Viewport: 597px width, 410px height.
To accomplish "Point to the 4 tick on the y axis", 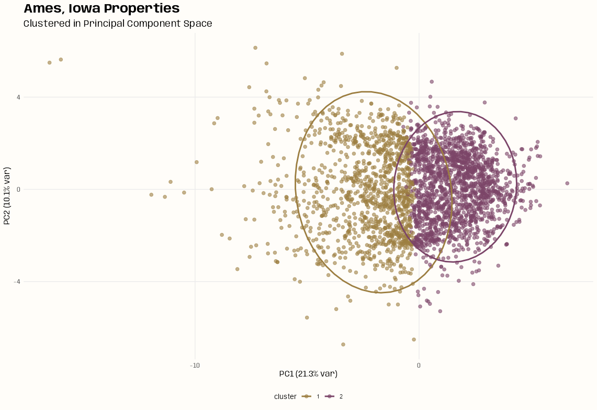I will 18,97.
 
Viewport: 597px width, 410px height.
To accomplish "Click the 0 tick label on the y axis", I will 18,190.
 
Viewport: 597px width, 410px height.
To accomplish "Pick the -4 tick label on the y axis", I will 17,282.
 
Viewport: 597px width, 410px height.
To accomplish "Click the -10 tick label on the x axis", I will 195,365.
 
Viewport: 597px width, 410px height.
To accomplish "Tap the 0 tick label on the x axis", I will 419,365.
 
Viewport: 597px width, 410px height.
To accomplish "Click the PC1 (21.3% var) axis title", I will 308,374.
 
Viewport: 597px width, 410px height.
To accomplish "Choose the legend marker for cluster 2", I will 330,396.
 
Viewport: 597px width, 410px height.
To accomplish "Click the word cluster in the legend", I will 285,396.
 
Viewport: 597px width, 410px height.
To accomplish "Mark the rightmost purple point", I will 567,183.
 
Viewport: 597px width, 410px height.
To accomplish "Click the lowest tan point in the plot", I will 343,345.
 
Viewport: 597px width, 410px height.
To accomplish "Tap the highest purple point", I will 432,82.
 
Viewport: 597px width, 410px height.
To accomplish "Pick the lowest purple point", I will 440,311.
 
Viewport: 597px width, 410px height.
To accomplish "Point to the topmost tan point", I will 255,48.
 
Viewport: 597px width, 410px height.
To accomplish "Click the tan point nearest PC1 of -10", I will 197,162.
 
